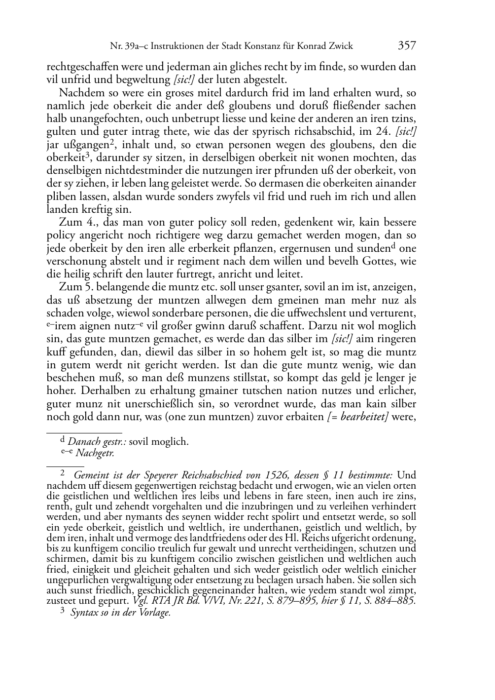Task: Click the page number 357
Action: pyautogui.click(x=406, y=46)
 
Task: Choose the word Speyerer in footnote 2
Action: pyautogui.click(x=161, y=475)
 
